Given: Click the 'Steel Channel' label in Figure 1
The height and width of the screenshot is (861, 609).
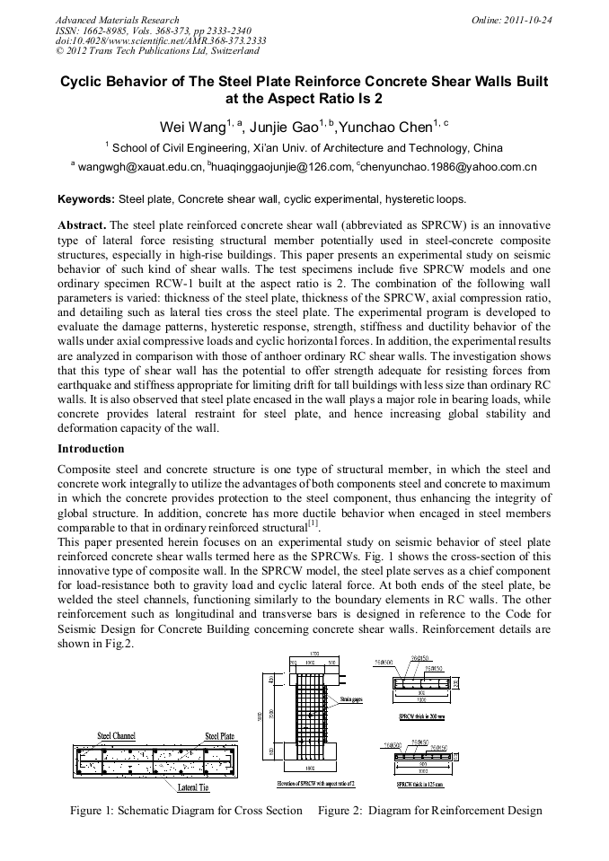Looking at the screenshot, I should (x=117, y=736).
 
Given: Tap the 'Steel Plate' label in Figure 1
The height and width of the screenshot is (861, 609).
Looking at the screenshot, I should (x=220, y=736).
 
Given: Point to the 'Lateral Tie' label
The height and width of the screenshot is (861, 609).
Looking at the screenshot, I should (x=193, y=787).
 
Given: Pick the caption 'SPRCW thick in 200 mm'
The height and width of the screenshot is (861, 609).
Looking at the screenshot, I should (x=424, y=716).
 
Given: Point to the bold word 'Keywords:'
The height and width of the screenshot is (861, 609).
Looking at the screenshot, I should (x=86, y=198).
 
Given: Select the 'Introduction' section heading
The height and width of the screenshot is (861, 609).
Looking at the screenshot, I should (x=91, y=448).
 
